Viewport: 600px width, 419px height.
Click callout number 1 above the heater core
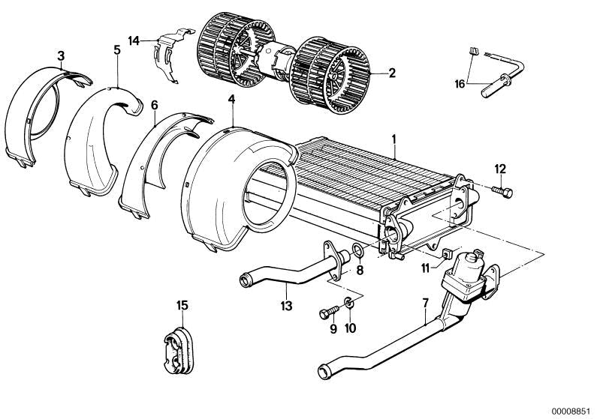(x=393, y=139)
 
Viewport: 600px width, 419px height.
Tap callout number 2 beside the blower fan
(x=391, y=73)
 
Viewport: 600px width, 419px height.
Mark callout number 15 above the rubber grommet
(x=182, y=305)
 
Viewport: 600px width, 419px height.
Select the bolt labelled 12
(x=503, y=191)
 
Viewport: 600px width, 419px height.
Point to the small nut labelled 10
(x=349, y=304)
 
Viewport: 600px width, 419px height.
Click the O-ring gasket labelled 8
(x=359, y=250)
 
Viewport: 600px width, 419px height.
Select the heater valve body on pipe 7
(x=466, y=273)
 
